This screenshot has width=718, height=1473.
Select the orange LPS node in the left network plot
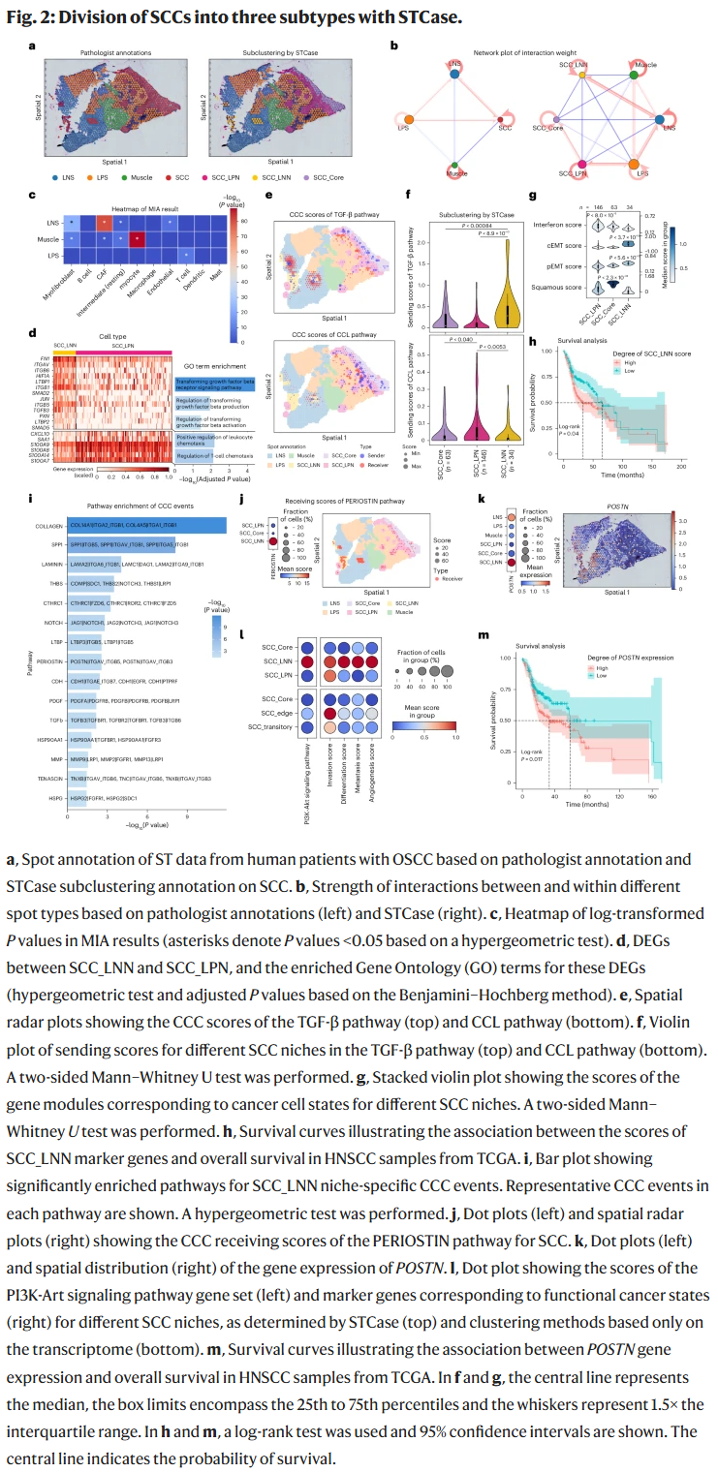coord(405,127)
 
